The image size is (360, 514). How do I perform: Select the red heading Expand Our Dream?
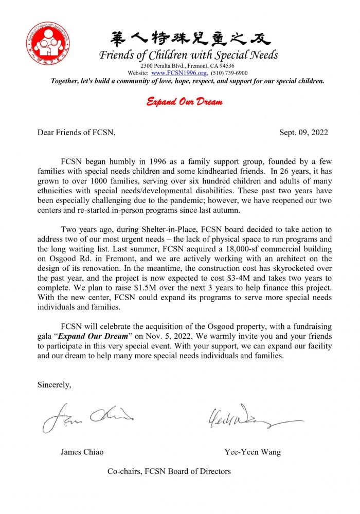coord(185,102)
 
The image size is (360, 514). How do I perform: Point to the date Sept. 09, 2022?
coord(303,133)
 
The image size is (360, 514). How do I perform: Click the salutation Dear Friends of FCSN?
coord(76,133)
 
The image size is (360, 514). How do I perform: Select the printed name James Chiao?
coord(82,452)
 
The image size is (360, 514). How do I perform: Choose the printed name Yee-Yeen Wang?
coord(253,452)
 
